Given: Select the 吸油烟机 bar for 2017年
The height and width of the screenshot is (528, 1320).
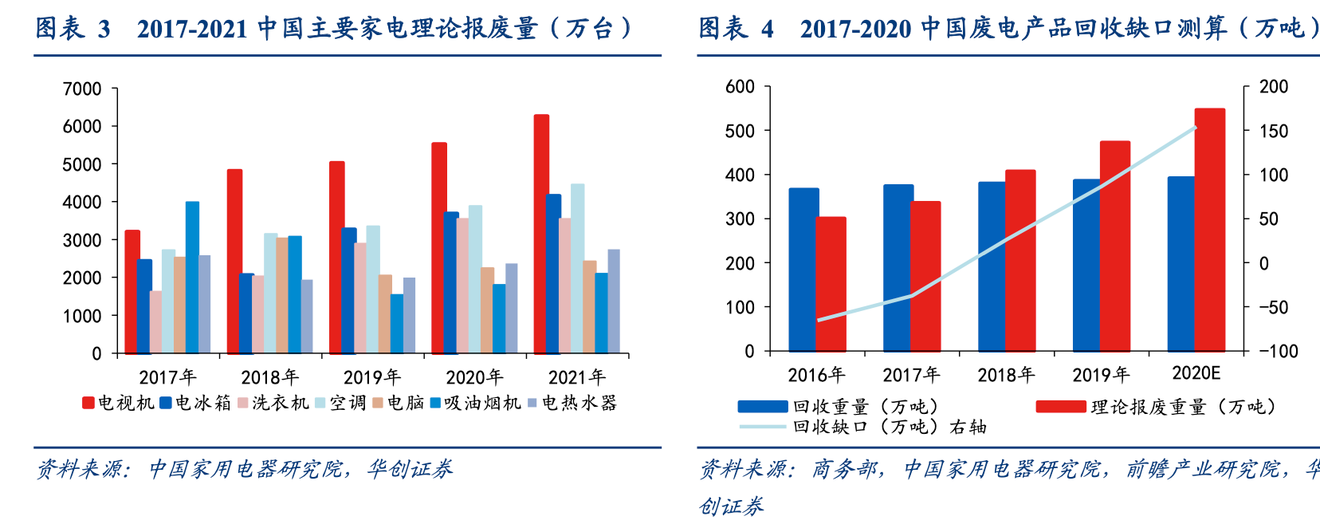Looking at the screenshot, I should pyautogui.click(x=192, y=278).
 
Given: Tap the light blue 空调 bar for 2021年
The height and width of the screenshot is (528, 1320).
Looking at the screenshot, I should pyautogui.click(x=577, y=269).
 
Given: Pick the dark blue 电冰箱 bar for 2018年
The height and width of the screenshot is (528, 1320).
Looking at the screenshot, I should pyautogui.click(x=246, y=313).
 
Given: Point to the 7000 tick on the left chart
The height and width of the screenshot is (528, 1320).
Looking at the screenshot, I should pyautogui.click(x=82, y=89).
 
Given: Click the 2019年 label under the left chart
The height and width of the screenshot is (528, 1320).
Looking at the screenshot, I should pyautogui.click(x=372, y=376).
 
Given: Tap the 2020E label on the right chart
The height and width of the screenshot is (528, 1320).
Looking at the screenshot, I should pyautogui.click(x=1196, y=373).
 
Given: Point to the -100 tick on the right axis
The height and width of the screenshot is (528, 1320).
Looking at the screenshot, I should pyautogui.click(x=1279, y=351).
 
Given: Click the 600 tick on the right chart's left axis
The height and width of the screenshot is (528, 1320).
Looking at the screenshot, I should pyautogui.click(x=740, y=86).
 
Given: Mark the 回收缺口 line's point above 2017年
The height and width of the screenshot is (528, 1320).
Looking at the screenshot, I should pyautogui.click(x=912, y=295).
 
